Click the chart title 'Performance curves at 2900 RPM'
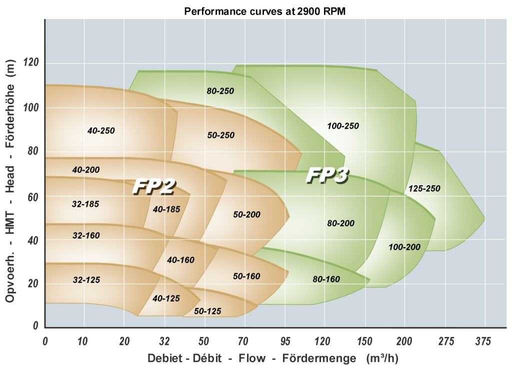coord(264,11)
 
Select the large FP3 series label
coord(327,176)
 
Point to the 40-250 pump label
coord(101,131)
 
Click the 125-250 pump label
coord(424,189)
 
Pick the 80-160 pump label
coord(326,279)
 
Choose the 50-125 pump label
coord(207,311)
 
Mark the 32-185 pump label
coord(86,204)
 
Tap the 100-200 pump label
coord(404,247)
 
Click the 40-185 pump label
coord(166,209)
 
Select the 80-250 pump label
coord(220,91)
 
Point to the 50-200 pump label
coord(247,214)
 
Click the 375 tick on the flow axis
coord(483,341)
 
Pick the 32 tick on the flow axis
coord(164,341)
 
